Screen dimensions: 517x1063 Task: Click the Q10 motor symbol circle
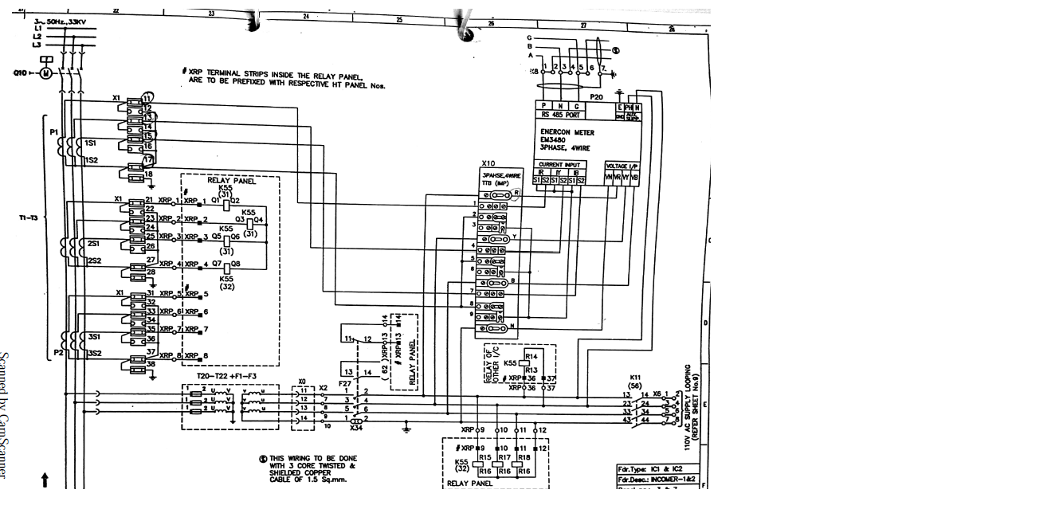click(45, 73)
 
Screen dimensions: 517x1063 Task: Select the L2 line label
click(37, 37)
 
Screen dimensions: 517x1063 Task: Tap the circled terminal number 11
click(147, 97)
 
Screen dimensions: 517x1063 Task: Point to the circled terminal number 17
click(148, 159)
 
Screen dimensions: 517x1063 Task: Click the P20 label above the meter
click(595, 96)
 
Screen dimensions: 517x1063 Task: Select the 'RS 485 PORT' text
click(562, 115)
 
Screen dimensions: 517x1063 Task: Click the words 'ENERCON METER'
click(567, 133)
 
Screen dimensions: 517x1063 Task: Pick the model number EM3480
click(555, 140)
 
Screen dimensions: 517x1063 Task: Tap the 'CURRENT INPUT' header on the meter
click(562, 165)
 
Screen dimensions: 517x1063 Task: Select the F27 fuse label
click(344, 383)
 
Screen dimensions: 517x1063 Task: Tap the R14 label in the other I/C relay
click(531, 355)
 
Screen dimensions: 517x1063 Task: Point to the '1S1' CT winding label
click(92, 142)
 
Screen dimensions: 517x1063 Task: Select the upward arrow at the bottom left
click(45, 480)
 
